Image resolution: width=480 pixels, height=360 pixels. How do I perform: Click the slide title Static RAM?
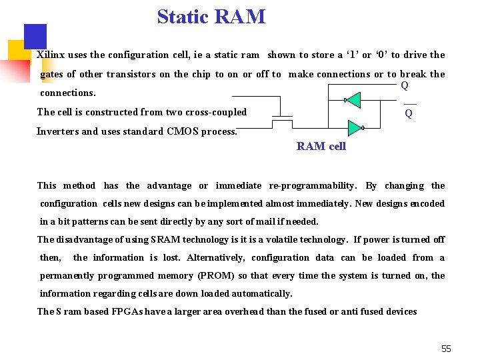coord(211,17)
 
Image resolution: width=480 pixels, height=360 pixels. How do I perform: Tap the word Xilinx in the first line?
coord(51,55)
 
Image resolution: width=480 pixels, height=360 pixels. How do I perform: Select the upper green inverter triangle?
coord(353,101)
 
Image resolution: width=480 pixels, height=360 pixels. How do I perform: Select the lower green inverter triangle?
coord(354,127)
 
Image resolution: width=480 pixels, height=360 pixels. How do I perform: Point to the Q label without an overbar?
coord(405,85)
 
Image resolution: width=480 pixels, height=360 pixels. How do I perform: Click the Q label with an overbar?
coord(409,113)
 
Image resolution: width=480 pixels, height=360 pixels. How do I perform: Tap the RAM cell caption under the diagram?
coord(321,147)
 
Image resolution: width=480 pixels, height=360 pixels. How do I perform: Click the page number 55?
coord(446,349)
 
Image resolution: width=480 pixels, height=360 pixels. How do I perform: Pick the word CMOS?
coord(181,131)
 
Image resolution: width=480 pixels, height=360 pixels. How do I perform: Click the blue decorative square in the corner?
coord(35,36)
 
